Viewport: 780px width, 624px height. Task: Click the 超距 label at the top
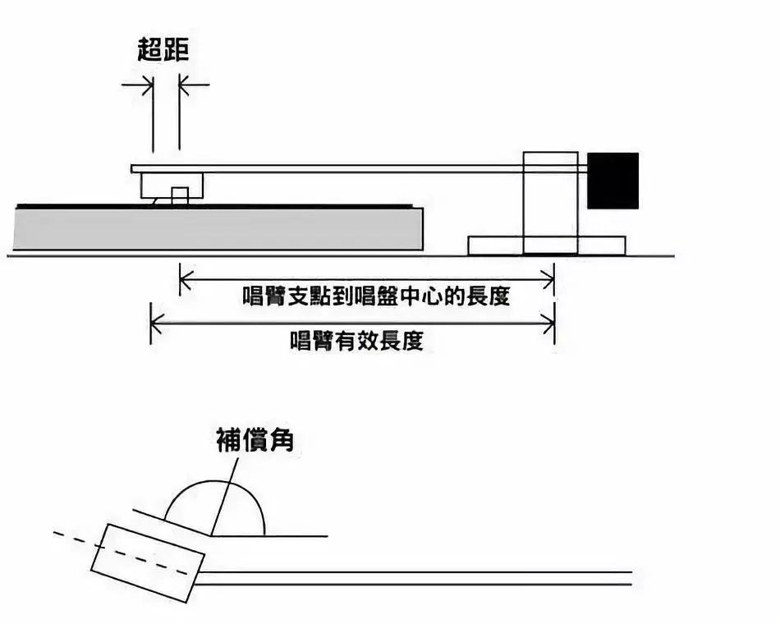coord(163,51)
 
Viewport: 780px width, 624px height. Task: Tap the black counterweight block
coord(613,180)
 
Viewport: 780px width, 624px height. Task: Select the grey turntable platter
coord(218,228)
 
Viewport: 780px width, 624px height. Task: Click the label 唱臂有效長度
coord(356,340)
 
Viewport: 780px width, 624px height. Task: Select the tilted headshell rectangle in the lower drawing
coord(147,562)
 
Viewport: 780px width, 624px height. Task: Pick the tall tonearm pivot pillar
coord(550,202)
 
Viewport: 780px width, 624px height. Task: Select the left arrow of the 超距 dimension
coord(144,84)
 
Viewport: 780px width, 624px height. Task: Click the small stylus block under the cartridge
coord(180,196)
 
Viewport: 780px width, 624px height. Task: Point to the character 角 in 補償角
coord(282,441)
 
